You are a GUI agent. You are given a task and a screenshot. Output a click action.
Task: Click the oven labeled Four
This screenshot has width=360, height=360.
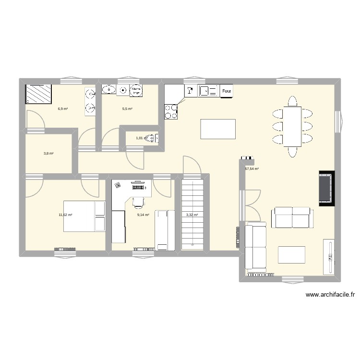click(227, 90)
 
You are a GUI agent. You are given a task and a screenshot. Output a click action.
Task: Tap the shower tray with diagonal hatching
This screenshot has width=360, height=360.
click(38, 94)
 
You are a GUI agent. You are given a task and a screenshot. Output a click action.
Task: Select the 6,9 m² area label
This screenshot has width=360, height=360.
click(62, 109)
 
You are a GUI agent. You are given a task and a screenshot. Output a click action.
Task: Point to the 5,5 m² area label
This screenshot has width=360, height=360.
click(127, 109)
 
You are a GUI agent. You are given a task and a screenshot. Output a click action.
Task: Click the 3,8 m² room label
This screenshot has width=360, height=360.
click(48, 154)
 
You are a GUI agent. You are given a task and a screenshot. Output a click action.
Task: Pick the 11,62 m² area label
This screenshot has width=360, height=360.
click(65, 215)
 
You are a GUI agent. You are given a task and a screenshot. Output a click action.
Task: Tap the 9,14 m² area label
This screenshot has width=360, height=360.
click(143, 215)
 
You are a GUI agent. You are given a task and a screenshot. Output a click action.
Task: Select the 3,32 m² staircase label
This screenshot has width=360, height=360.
click(192, 215)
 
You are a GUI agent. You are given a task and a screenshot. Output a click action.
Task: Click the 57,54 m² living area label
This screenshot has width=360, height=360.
click(252, 169)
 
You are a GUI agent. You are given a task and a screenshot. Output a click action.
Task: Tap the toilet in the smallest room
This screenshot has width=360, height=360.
click(152, 138)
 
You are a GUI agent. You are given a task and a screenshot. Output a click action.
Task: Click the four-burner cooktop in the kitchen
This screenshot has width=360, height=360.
click(171, 112)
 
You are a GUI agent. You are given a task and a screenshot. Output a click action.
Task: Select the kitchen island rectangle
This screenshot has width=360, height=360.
click(218, 129)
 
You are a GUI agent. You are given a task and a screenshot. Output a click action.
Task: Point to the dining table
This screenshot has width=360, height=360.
click(292, 126)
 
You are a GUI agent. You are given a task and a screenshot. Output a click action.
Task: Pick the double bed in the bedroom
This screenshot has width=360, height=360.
click(84, 216)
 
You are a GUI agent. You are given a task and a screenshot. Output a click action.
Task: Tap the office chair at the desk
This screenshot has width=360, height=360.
click(138, 202)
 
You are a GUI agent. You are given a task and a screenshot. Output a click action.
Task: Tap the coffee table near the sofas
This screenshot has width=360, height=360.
click(292, 254)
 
